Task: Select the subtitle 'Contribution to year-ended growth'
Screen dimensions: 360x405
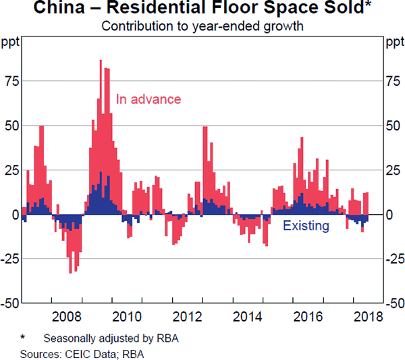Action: tap(202, 27)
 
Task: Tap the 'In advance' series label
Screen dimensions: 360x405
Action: tap(148, 99)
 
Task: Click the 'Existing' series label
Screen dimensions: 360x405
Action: tap(306, 226)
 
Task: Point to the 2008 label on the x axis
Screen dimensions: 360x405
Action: tap(68, 316)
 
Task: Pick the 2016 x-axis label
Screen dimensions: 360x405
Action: tap(307, 316)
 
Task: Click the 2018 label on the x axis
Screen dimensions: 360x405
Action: tap(367, 316)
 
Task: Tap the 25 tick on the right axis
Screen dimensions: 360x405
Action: tap(393, 170)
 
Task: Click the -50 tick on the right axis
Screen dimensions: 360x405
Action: tap(395, 303)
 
